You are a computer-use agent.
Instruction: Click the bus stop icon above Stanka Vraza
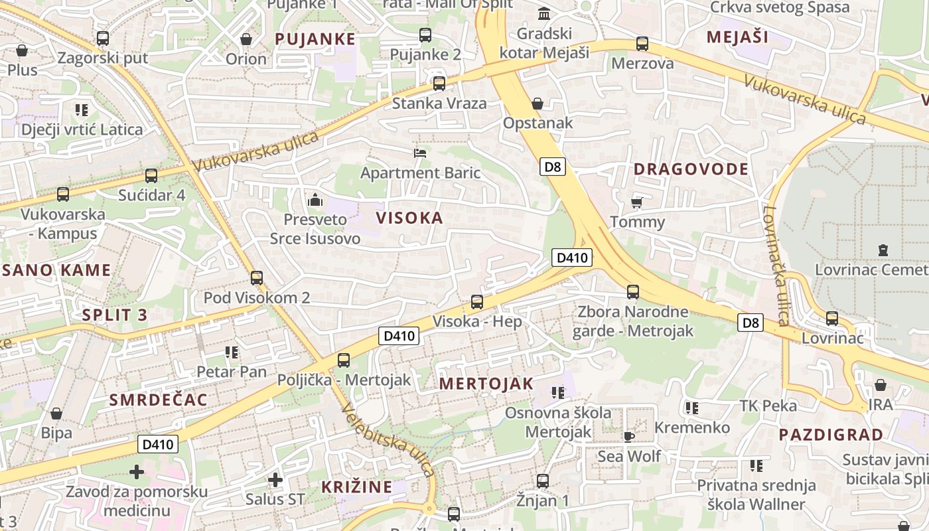coord(439,84)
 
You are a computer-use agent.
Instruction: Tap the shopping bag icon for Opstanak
coord(537,104)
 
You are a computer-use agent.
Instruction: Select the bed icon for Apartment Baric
coord(420,153)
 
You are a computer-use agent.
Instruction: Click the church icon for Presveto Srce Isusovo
coord(315,199)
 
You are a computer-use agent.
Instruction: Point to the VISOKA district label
coord(409,218)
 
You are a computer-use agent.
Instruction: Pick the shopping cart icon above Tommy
coord(637,202)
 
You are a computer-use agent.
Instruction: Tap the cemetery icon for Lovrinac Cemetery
coord(883,250)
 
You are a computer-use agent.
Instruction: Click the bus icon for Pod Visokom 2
coord(257,278)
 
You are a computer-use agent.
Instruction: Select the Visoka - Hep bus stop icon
coord(477,302)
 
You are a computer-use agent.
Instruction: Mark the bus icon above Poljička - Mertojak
coord(343,360)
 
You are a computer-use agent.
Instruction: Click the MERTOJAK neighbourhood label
coord(486,384)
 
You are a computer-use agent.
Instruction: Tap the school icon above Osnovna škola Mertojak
coord(558,393)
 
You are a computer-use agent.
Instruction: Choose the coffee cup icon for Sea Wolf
coord(628,436)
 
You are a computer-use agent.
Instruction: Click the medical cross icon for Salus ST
coord(275,479)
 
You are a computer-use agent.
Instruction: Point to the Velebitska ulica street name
coord(388,439)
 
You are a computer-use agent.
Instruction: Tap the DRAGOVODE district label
coord(691,169)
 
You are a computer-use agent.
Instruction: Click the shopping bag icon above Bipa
coord(56,414)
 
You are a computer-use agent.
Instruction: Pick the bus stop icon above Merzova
coord(642,44)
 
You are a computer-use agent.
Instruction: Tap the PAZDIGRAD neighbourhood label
coord(831,435)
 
